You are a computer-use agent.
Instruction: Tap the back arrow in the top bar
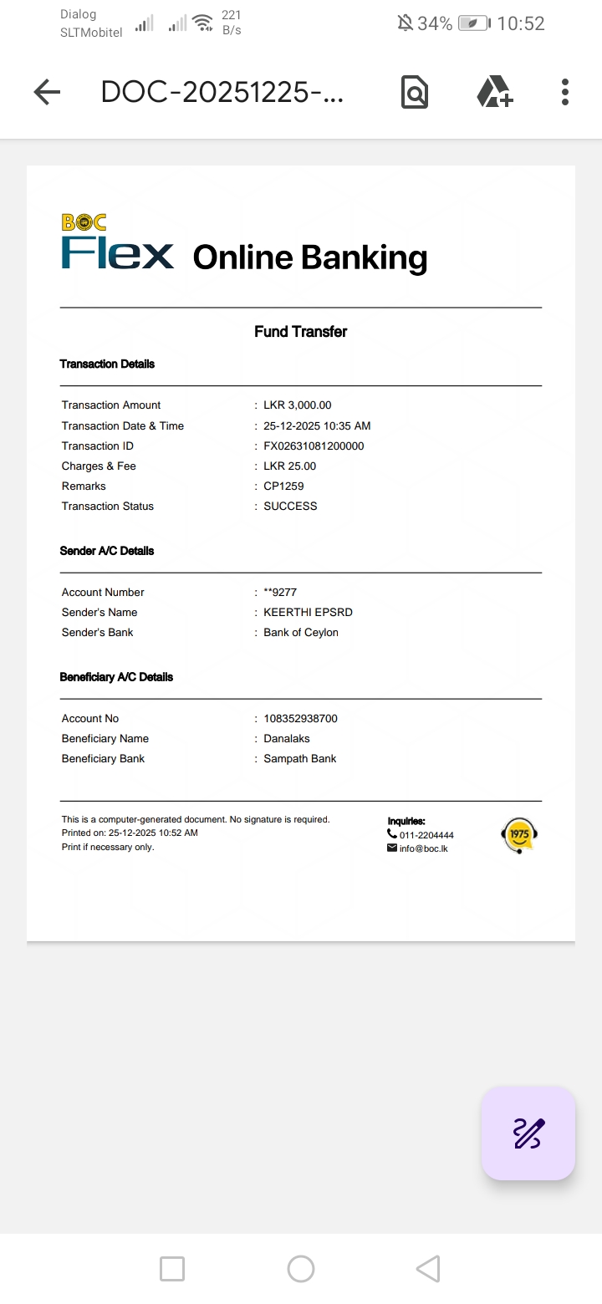point(47,92)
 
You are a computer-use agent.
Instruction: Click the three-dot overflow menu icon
point(565,92)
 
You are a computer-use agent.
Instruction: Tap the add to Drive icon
point(495,92)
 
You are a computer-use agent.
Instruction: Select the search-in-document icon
point(414,92)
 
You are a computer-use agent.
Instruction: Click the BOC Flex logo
point(117,243)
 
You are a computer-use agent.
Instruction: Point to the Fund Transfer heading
point(300,332)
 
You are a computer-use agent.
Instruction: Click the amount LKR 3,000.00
point(297,405)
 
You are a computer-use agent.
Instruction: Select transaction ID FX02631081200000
point(314,446)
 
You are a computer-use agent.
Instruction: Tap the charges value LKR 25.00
point(289,466)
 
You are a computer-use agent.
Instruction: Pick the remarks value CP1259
point(283,486)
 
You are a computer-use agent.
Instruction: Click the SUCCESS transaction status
point(290,507)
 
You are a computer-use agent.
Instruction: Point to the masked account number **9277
point(280,593)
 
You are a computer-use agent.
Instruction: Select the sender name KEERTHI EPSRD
point(308,613)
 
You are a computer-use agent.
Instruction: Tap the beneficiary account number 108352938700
point(300,719)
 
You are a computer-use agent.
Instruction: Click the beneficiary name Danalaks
point(287,739)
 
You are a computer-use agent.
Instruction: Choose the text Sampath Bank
point(299,759)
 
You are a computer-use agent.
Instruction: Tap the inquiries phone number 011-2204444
point(426,835)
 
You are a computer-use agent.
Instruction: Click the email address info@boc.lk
point(423,848)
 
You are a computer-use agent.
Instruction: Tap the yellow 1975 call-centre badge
point(519,835)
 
